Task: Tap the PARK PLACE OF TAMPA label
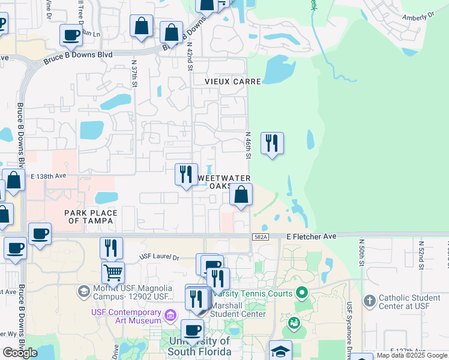pos(91,217)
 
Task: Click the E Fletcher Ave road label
pos(311,237)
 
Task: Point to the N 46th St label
pos(248,146)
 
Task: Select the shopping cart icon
pos(113,272)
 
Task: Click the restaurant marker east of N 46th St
pos(272,143)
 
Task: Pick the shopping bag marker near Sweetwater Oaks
pos(241,195)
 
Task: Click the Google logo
pos(20,353)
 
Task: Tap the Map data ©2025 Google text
pos(412,355)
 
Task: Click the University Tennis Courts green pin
pos(302,293)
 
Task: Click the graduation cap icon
pos(280,351)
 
